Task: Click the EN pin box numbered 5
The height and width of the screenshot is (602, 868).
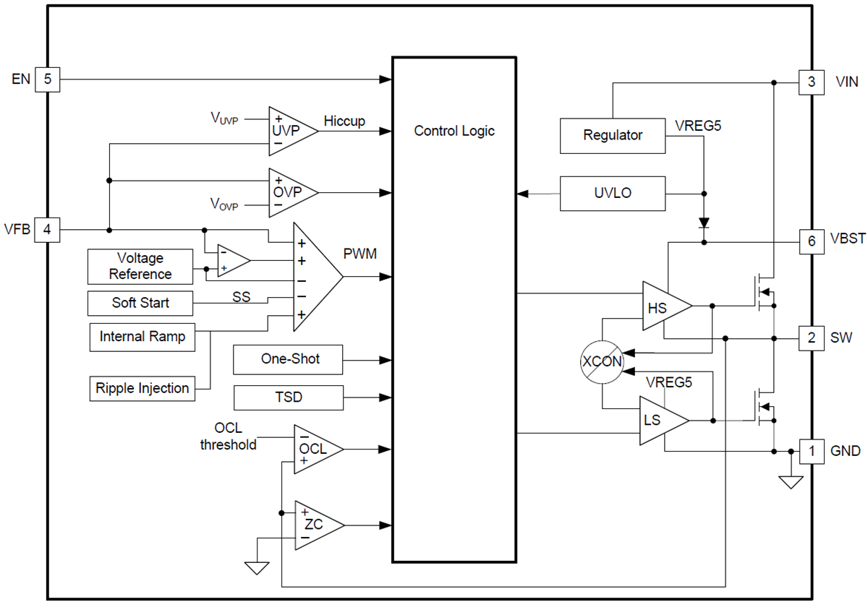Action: [48, 79]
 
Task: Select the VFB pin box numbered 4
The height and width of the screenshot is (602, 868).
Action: [48, 230]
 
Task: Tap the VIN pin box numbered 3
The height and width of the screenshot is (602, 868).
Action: [812, 82]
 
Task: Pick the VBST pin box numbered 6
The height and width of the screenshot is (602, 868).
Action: [812, 240]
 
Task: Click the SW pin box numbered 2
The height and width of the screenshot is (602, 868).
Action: [812, 337]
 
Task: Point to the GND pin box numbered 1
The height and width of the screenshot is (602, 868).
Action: [812, 452]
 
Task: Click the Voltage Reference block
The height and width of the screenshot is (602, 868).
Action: [140, 267]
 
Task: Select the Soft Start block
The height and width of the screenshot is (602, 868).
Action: [140, 303]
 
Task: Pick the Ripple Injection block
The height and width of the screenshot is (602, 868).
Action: [142, 388]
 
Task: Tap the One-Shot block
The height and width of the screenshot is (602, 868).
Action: [288, 359]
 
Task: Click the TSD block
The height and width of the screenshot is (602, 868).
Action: [288, 397]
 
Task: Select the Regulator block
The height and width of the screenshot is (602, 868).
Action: [613, 136]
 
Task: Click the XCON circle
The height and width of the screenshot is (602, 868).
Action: [602, 361]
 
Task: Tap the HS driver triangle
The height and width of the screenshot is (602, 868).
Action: [661, 306]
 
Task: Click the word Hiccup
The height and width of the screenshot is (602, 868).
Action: [344, 121]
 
